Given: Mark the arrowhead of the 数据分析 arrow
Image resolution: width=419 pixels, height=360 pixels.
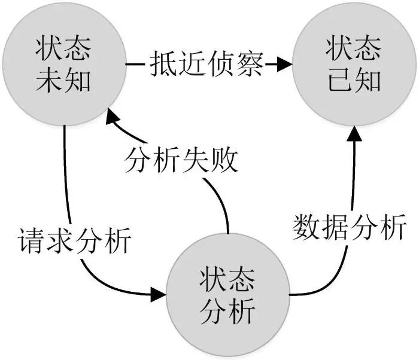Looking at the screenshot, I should click(354, 133).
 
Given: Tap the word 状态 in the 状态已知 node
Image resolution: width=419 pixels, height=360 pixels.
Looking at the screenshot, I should click(354, 48).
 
